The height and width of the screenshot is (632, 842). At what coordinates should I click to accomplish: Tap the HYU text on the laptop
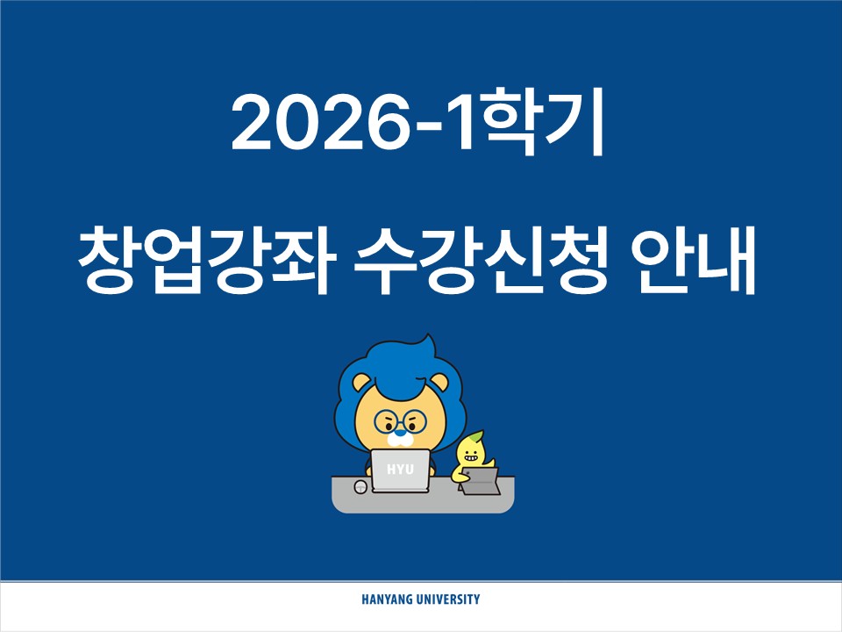(400, 470)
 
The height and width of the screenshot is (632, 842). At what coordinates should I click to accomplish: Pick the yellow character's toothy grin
(470, 457)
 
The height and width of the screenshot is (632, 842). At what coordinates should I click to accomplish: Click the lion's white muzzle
(401, 440)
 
